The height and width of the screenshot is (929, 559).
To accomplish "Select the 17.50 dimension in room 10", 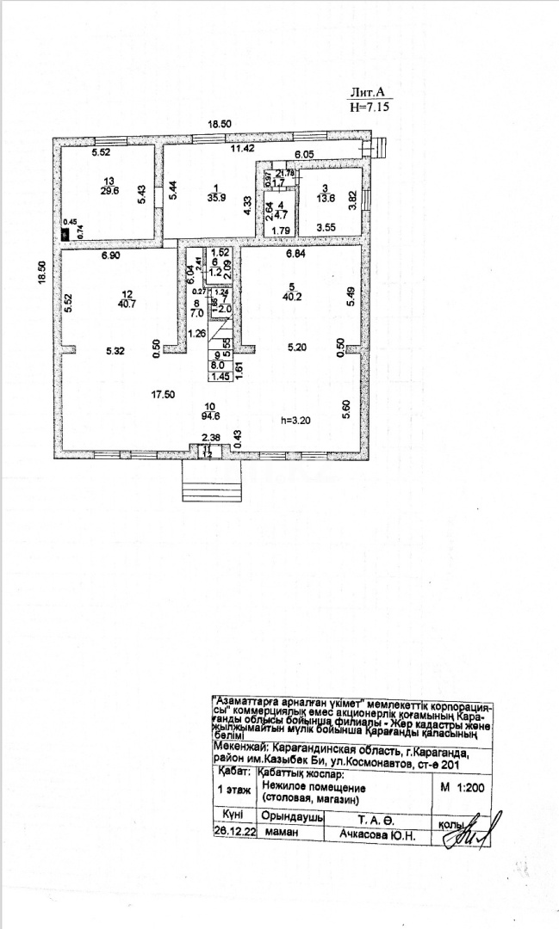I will tap(164, 395).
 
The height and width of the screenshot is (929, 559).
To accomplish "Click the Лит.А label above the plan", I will tap(370, 94).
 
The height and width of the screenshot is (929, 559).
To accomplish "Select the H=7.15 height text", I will tap(370, 108).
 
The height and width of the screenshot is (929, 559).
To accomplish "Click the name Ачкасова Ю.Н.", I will tap(378, 834).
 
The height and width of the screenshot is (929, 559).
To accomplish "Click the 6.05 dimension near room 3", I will tap(305, 155).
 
